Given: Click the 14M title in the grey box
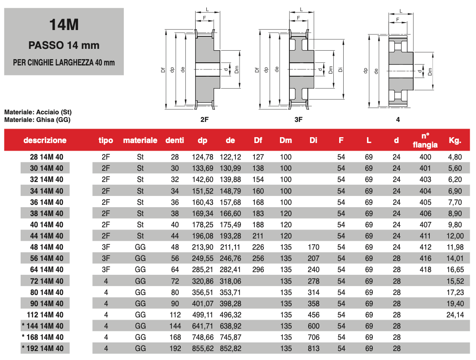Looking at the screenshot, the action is pyautogui.click(x=64, y=25).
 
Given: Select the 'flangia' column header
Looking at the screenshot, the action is pyautogui.click(x=425, y=145).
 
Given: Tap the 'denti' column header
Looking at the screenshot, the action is pyautogui.click(x=175, y=140).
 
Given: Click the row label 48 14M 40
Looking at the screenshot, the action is pyautogui.click(x=47, y=247).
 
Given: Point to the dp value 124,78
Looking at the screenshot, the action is pyautogui.click(x=202, y=157).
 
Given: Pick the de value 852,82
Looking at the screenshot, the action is pyautogui.click(x=231, y=348).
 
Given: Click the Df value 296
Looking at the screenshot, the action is pyautogui.click(x=258, y=269).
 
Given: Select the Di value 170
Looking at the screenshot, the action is pyautogui.click(x=313, y=247).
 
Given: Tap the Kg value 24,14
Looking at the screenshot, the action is pyautogui.click(x=455, y=315).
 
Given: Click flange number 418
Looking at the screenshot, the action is pyautogui.click(x=425, y=269).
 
